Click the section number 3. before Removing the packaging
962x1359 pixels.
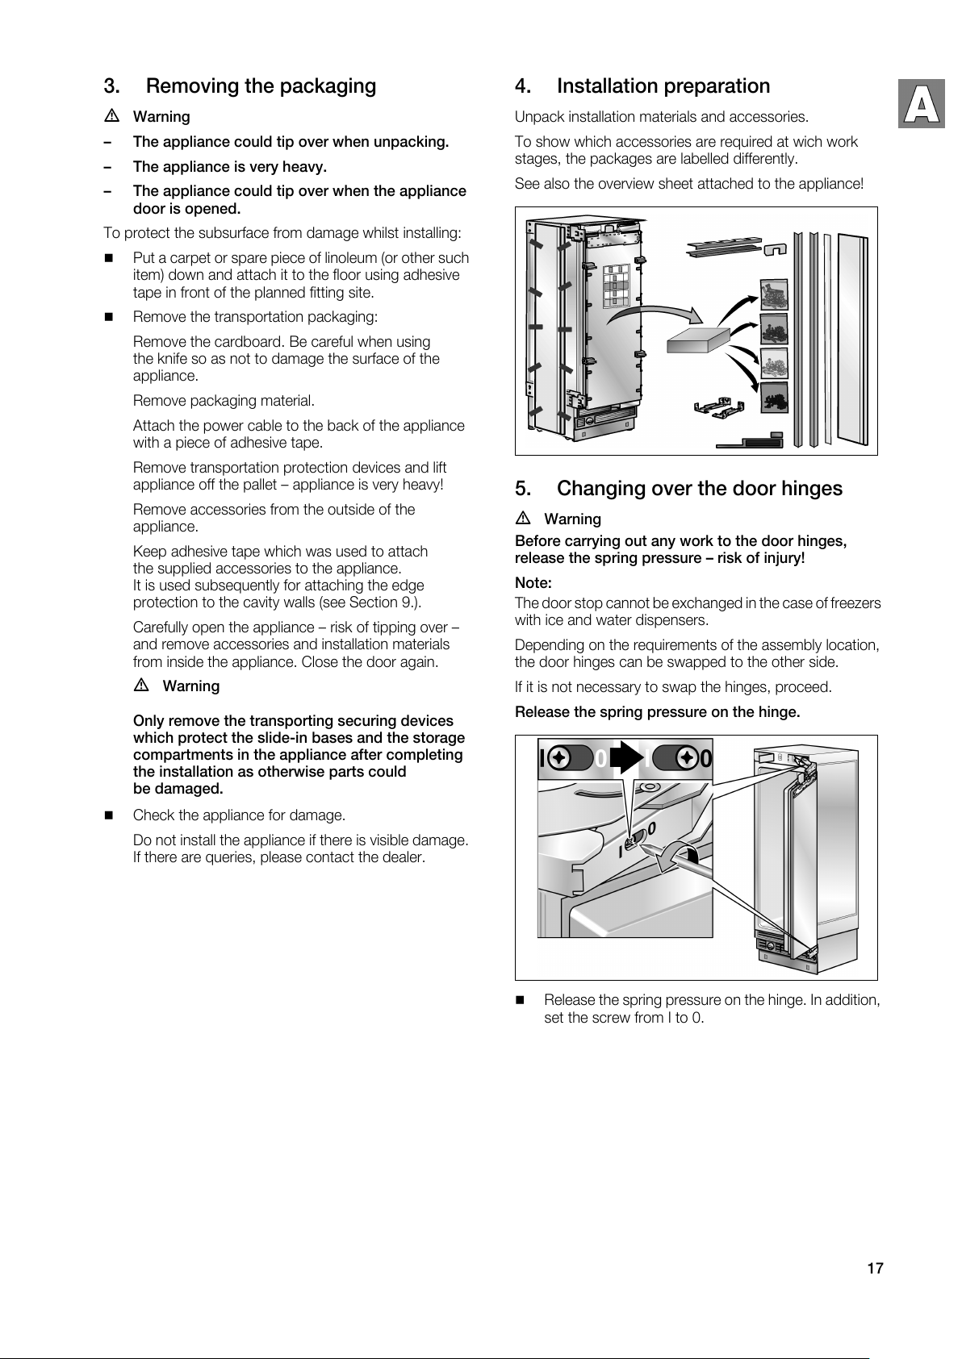pos(112,86)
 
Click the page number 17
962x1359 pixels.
pos(875,1269)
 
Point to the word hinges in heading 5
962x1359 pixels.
pos(811,489)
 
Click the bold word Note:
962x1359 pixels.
pos(533,582)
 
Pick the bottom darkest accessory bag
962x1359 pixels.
pos(774,397)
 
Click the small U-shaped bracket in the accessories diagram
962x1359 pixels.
pos(775,251)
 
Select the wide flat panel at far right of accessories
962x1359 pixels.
pos(853,339)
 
